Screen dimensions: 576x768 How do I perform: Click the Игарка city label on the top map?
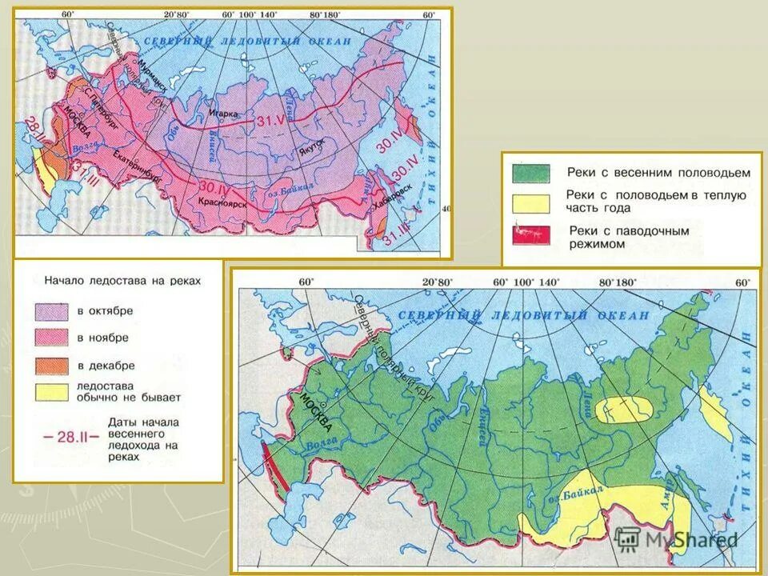point(224,114)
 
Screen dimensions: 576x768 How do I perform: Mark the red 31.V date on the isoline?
point(271,120)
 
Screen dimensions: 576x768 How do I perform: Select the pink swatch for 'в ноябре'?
point(51,338)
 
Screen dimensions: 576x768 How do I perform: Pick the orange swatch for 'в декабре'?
point(51,366)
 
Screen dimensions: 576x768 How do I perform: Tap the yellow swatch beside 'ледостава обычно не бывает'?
point(51,392)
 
